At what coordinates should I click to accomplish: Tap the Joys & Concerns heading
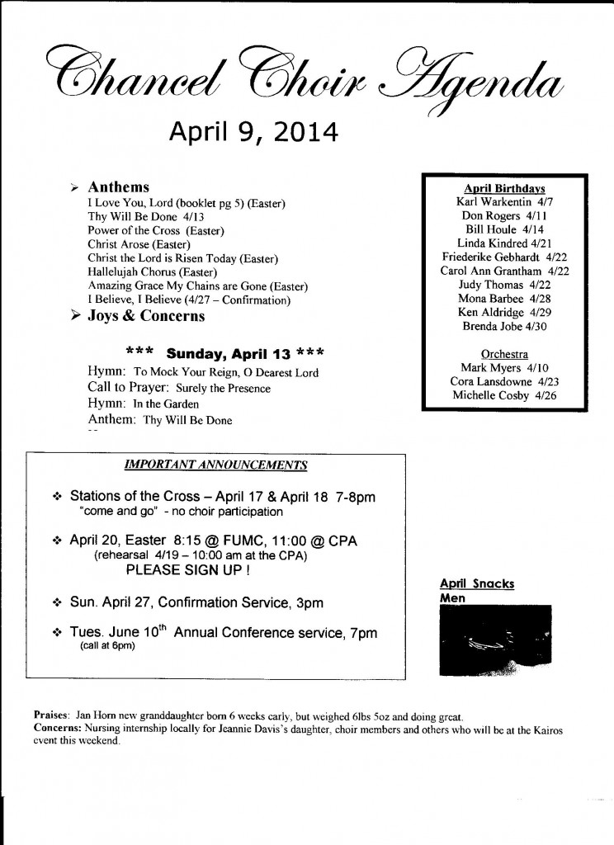[x=146, y=316]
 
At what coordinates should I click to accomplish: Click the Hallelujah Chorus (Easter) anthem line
[x=152, y=271]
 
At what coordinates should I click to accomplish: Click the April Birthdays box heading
[x=504, y=188]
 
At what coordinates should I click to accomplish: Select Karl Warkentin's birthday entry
[x=503, y=201]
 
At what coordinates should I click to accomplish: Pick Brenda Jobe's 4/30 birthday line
[x=504, y=326]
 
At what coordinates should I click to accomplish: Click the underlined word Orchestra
[x=503, y=354]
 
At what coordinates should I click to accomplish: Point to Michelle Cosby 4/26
[x=503, y=396]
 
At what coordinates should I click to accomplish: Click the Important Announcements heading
[x=215, y=465]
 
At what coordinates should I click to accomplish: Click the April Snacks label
[x=477, y=584]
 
